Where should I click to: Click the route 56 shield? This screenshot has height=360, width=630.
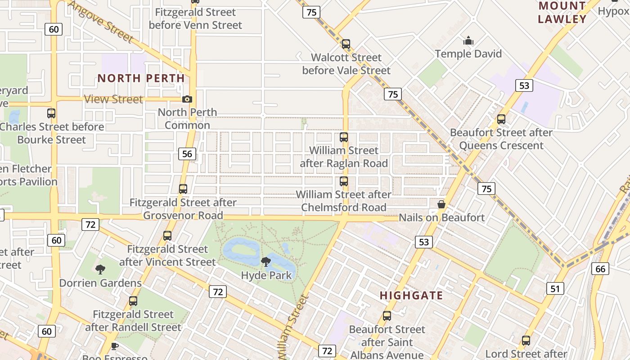187,154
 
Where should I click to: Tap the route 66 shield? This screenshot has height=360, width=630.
600,269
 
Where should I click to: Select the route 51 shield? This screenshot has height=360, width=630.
555,288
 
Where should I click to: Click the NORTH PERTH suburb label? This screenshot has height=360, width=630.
141,78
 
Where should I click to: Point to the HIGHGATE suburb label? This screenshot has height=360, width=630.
411,296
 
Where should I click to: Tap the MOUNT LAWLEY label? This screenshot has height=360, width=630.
562,13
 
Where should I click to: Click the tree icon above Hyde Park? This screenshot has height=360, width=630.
266,262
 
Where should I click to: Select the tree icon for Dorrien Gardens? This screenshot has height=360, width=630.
100,270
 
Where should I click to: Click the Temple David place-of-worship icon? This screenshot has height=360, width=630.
468,41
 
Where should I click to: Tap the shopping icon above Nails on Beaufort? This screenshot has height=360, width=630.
441,204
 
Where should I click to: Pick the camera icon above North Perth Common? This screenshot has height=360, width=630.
187,99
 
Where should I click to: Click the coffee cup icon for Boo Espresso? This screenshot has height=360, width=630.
114,346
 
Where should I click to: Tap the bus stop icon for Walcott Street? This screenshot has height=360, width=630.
346,44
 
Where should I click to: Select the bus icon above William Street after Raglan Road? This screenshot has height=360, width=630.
344,137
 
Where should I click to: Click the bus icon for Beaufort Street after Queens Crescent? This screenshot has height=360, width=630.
501,119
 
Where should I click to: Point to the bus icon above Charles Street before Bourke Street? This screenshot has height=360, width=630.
51,113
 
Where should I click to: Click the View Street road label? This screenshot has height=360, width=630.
113,99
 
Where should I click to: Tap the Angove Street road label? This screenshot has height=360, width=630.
101,21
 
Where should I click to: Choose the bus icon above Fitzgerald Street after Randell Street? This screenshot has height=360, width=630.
133,301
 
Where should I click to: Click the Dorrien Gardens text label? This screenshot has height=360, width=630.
100,283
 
